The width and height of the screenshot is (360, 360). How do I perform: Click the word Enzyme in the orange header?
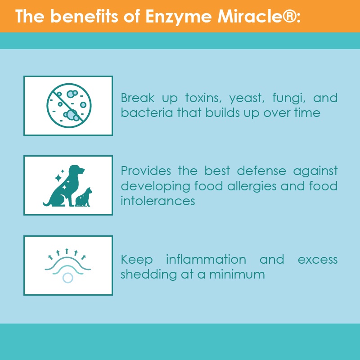point(178,17)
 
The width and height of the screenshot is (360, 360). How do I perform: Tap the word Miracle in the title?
point(250,16)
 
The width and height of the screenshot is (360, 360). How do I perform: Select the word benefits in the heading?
point(84,16)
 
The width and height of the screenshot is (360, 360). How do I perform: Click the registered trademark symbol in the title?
point(290,16)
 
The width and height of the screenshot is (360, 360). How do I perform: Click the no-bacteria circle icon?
point(69,105)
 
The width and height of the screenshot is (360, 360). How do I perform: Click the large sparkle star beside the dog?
point(58,178)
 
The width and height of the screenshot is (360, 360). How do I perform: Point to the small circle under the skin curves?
point(68,278)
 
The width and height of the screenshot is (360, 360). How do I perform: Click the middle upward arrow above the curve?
point(67,251)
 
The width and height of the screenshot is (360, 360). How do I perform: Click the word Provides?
point(146,171)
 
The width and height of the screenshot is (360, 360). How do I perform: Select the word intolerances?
point(158,201)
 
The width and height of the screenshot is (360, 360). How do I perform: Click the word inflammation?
point(206,260)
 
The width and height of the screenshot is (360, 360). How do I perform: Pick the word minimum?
point(237,274)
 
